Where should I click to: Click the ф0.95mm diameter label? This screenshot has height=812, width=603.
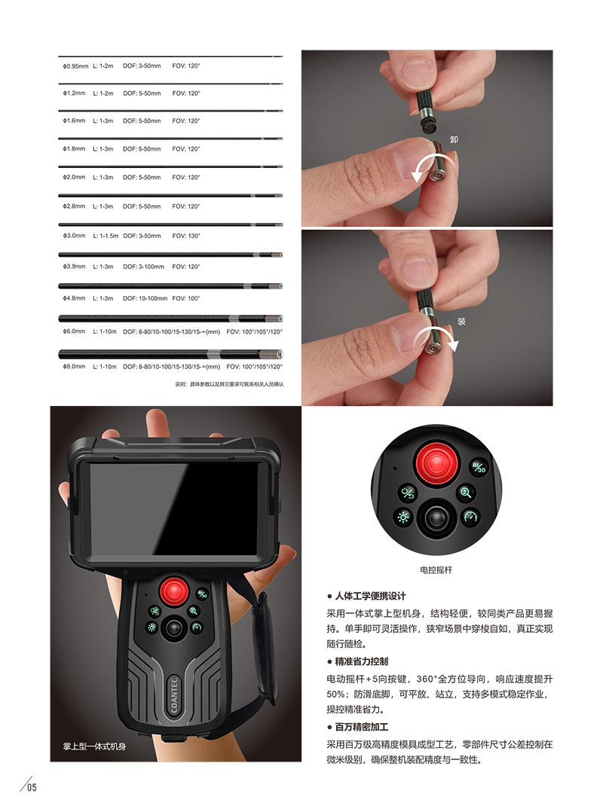75,66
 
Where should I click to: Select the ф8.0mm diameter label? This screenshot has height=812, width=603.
74,367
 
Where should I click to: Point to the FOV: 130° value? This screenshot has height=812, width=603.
186,236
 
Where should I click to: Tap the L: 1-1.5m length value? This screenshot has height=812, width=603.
106,236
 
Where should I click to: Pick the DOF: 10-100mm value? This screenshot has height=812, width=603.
145,298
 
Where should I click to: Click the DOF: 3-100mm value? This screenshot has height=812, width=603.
144,267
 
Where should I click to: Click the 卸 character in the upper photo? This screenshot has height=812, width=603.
454,139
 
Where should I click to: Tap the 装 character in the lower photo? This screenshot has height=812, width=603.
462,321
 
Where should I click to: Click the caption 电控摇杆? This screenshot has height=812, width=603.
436,570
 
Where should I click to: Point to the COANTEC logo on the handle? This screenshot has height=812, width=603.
173,688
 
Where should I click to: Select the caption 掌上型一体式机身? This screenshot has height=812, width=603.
93,746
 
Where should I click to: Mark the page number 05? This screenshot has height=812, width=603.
32,789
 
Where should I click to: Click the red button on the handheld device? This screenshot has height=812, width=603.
173,590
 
